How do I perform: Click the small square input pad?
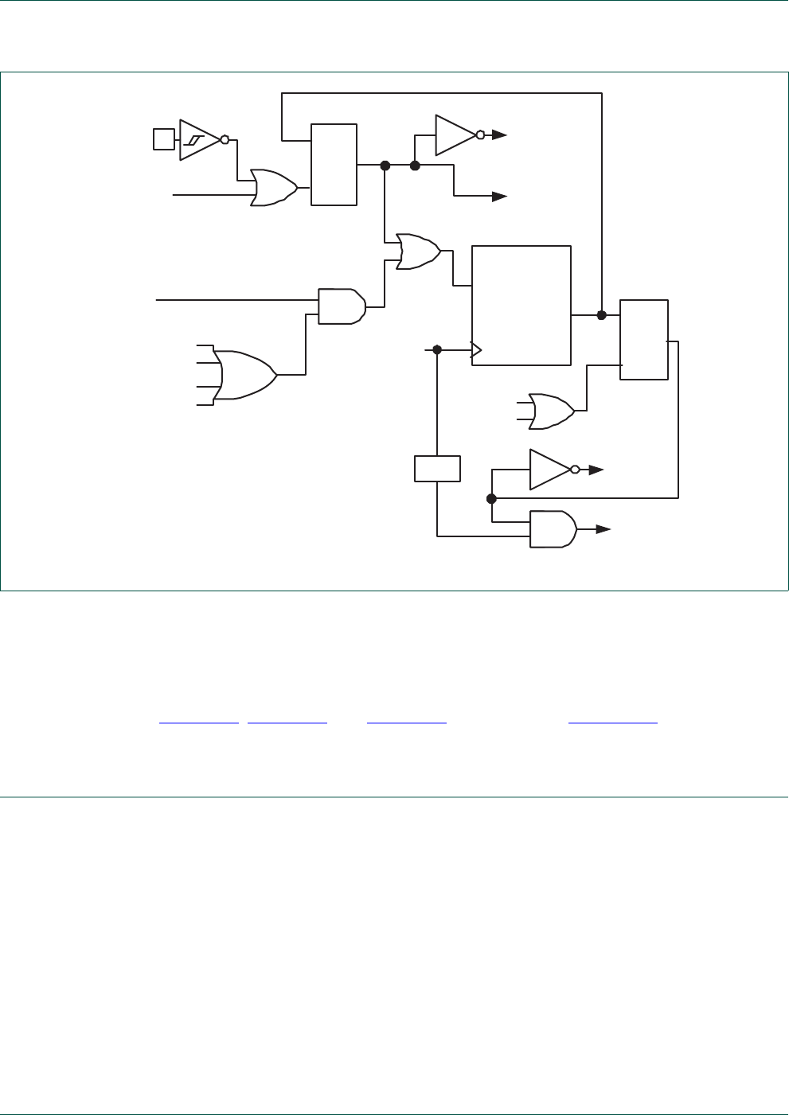click(x=163, y=139)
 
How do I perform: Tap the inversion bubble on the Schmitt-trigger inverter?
click(x=225, y=140)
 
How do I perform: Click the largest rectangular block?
click(x=521, y=306)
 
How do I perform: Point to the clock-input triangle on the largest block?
click(x=476, y=349)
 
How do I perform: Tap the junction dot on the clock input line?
click(x=437, y=349)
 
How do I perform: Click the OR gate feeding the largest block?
click(x=419, y=252)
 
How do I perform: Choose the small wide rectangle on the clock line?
click(x=437, y=469)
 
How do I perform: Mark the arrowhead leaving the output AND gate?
click(x=603, y=529)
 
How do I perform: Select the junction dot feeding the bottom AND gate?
click(x=491, y=498)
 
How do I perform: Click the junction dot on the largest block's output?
click(x=602, y=315)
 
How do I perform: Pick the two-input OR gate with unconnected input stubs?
click(x=551, y=411)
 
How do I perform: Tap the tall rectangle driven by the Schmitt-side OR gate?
click(x=334, y=165)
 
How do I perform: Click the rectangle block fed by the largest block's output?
click(x=644, y=340)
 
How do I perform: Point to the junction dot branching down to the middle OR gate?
click(x=385, y=166)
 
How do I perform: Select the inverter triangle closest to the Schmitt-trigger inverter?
click(x=455, y=135)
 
